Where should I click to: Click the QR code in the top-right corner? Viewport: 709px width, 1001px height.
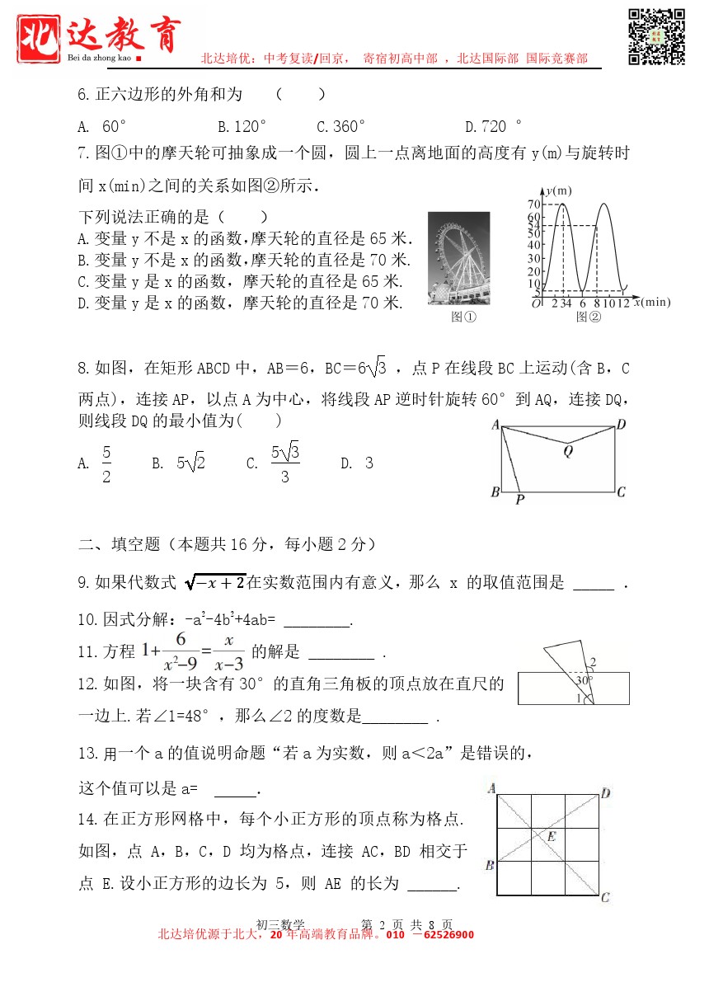[x=657, y=37]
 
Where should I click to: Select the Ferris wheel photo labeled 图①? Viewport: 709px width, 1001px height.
[x=458, y=258]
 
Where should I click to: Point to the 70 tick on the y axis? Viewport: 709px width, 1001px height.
[x=533, y=204]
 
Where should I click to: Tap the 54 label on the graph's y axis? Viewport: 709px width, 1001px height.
[x=533, y=225]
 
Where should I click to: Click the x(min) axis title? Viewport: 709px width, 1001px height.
[x=652, y=303]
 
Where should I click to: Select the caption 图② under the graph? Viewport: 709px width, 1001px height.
[x=588, y=317]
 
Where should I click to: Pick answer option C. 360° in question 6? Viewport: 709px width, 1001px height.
[x=340, y=127]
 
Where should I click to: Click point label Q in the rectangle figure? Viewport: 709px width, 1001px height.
[x=568, y=451]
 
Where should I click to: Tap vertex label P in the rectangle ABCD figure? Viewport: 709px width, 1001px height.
[x=519, y=499]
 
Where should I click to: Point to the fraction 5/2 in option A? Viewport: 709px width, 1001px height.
[x=106, y=464]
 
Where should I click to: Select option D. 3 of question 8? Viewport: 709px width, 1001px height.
[x=357, y=463]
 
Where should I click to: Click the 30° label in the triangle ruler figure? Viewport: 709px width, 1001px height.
[x=584, y=681]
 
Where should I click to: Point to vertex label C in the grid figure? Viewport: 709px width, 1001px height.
[x=605, y=897]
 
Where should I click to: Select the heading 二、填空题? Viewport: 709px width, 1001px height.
[x=119, y=544]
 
